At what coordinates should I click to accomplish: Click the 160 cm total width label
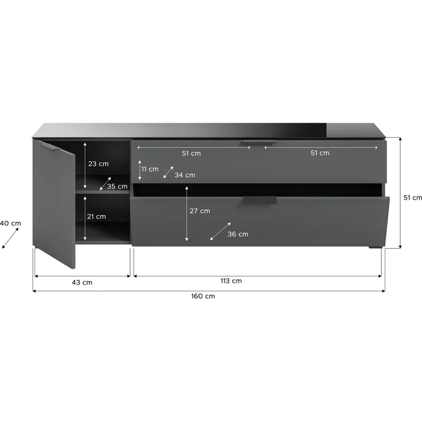coord(203,296)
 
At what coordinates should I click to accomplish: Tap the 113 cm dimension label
coord(231,281)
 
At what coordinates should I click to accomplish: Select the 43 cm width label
coord(82,283)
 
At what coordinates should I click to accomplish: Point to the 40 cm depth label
coord(10,224)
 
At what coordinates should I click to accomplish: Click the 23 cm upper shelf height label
coord(99,164)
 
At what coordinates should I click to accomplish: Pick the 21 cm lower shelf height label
coord(96,217)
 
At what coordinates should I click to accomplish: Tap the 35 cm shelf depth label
coord(118,186)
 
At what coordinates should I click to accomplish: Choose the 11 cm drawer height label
coord(150,169)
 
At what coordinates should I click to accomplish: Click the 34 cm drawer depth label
coord(185,175)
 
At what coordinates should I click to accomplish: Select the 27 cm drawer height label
coord(200,211)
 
